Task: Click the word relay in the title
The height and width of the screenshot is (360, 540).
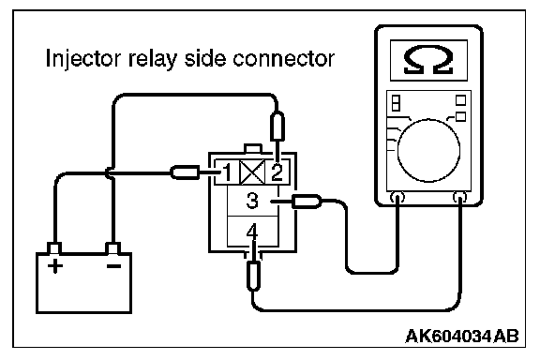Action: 153,58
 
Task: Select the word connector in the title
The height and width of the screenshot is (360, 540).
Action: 283,58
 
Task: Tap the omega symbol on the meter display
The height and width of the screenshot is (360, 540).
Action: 428,60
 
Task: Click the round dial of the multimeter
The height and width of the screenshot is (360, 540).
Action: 428,150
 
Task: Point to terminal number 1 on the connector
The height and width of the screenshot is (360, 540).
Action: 227,172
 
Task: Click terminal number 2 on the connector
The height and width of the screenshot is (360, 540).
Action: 277,172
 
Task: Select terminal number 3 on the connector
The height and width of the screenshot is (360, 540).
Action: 252,201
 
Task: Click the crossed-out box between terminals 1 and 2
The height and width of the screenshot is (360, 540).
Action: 252,172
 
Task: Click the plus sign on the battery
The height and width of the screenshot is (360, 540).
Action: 54,265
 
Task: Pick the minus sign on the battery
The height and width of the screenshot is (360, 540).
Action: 113,265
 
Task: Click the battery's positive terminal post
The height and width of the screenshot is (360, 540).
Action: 54,248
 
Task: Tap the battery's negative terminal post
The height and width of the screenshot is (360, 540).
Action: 112,248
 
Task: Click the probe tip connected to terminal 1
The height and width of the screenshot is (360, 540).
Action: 185,172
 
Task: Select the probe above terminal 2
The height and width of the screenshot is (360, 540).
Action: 277,126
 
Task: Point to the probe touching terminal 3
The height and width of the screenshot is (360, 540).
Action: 307,202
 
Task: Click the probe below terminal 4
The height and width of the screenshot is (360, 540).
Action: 253,276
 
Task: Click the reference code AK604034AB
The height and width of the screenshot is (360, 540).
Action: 462,336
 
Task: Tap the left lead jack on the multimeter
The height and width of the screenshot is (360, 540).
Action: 397,198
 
